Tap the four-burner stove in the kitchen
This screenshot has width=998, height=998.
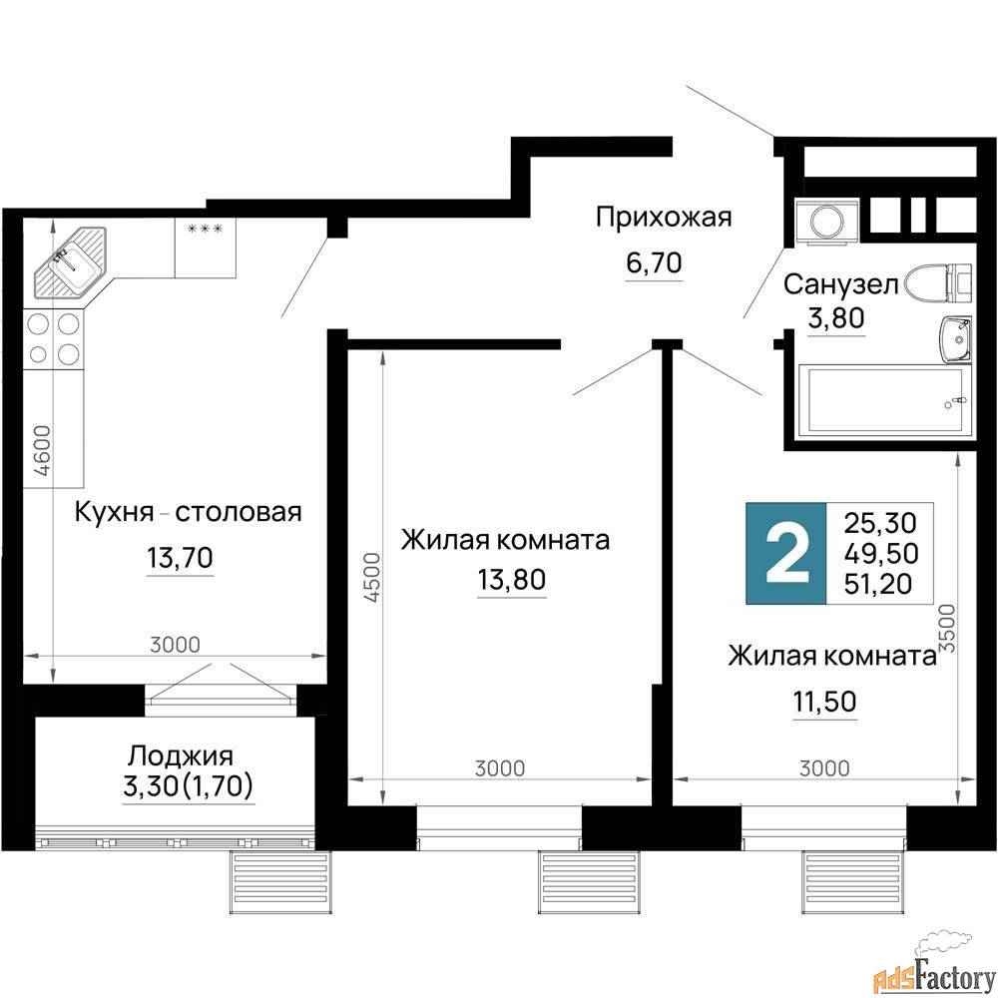click(54, 338)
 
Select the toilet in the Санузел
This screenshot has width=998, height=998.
click(939, 282)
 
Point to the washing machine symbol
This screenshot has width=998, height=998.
click(826, 221)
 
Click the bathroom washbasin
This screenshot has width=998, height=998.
click(955, 338)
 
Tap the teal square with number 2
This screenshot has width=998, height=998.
click(786, 553)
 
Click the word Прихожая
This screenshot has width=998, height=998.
click(664, 218)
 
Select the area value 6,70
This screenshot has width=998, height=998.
click(654, 262)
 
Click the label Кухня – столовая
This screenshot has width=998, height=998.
click(189, 512)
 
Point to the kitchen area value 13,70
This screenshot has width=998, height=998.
click(180, 558)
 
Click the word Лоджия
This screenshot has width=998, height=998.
click(181, 756)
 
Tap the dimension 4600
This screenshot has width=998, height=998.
click(42, 451)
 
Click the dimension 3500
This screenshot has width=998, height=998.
click(948, 628)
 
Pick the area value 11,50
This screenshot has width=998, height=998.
click(825, 702)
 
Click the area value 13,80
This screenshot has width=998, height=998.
click(512, 580)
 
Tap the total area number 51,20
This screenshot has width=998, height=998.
click(878, 583)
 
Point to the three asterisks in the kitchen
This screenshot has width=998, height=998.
click(205, 229)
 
